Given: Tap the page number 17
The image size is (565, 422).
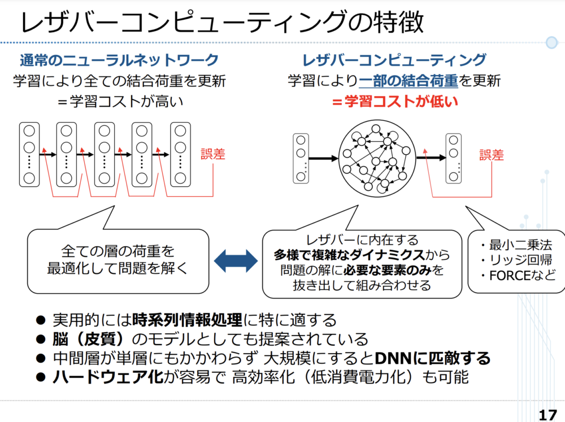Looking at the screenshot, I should [x=547, y=415].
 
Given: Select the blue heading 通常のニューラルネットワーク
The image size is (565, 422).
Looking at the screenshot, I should [x=119, y=60].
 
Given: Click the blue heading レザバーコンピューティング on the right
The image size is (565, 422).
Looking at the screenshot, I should [x=394, y=60].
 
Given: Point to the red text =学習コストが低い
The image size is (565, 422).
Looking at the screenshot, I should [x=394, y=102].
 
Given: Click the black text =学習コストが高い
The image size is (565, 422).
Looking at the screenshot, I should [x=119, y=102].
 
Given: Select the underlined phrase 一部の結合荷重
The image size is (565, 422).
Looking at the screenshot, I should [x=408, y=81].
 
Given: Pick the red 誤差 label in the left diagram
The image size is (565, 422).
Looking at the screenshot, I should [x=213, y=154].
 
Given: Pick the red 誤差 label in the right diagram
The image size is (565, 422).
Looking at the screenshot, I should [x=492, y=154].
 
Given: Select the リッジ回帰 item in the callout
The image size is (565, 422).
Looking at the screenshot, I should [x=515, y=261].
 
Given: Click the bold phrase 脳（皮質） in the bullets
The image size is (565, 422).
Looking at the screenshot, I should [x=95, y=340].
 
